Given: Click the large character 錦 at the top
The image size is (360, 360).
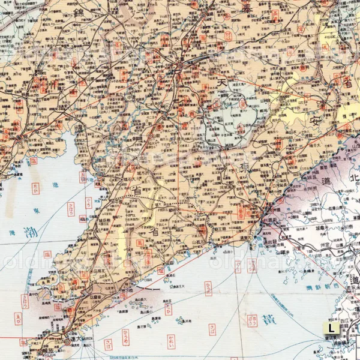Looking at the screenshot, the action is (x=79, y=13).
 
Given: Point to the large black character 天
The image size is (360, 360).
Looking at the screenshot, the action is (x=222, y=81).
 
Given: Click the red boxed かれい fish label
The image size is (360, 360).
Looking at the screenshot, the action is (x=172, y=341).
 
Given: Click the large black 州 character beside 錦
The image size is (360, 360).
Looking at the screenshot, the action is (x=43, y=84).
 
